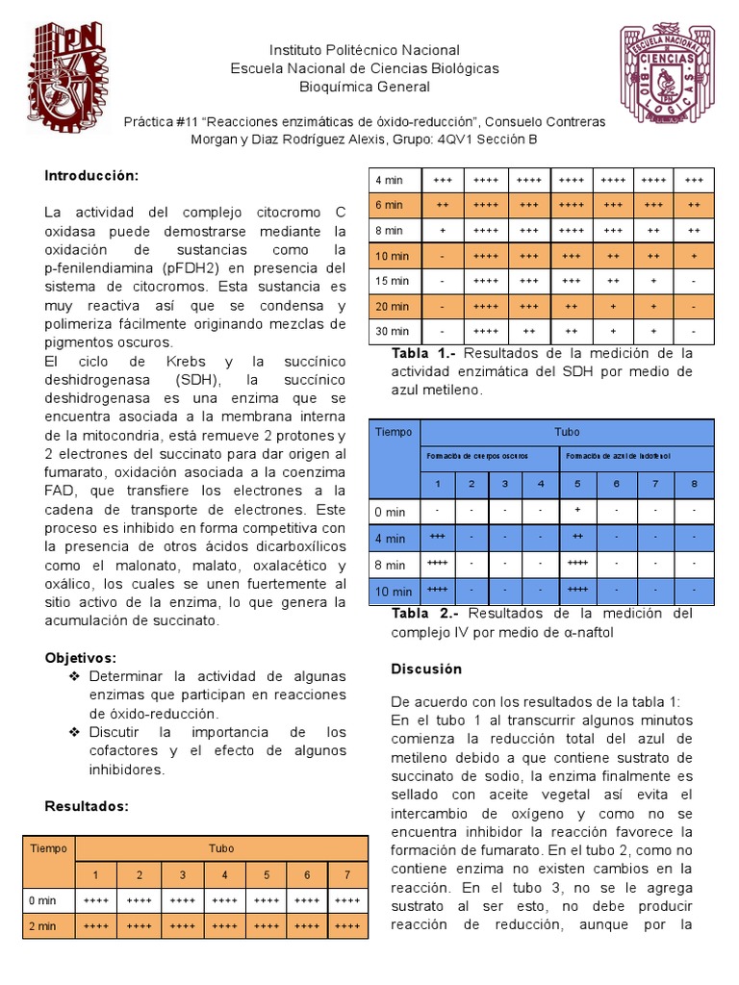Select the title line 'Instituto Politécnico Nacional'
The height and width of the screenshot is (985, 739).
tap(364, 50)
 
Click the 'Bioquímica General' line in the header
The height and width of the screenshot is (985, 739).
tap(364, 88)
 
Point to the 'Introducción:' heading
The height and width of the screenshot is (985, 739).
tap(92, 175)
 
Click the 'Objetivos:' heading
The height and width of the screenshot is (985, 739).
tap(81, 658)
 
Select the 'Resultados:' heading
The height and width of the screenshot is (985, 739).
tap(87, 806)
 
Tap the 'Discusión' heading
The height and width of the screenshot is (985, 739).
tap(426, 669)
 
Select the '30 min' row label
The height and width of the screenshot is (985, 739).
tap(393, 331)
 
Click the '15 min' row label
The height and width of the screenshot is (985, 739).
tap(393, 281)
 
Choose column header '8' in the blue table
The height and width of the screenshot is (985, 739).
tap(693, 483)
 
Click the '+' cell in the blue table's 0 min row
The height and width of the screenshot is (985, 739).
tap(577, 510)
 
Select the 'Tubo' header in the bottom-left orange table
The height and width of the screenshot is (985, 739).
tap(221, 848)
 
